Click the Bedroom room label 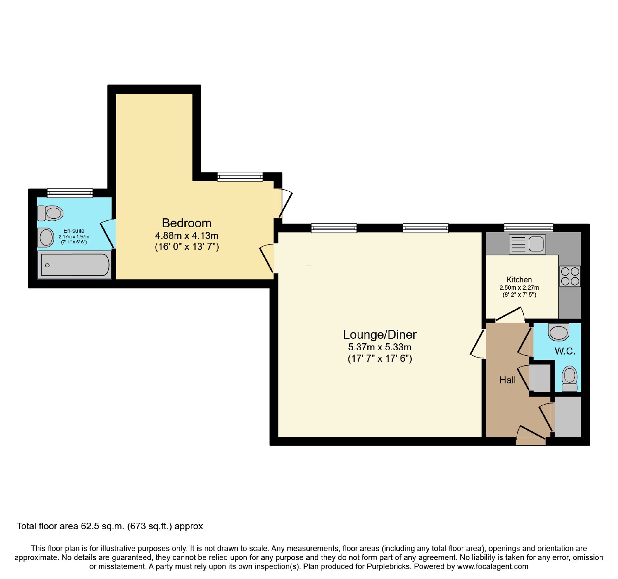[187, 223]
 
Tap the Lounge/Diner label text [380, 334]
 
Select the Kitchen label [519, 280]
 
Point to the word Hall [508, 380]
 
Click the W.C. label [565, 351]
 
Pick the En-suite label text [74, 231]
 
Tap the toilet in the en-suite [50, 213]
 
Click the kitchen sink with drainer [527, 244]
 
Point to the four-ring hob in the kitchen [570, 276]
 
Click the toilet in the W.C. [570, 379]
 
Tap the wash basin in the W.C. [559, 332]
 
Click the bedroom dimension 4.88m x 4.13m [187, 235]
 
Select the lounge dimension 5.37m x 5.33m [380, 347]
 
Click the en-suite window [70, 193]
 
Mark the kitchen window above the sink [528, 228]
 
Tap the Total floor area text [110, 526]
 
